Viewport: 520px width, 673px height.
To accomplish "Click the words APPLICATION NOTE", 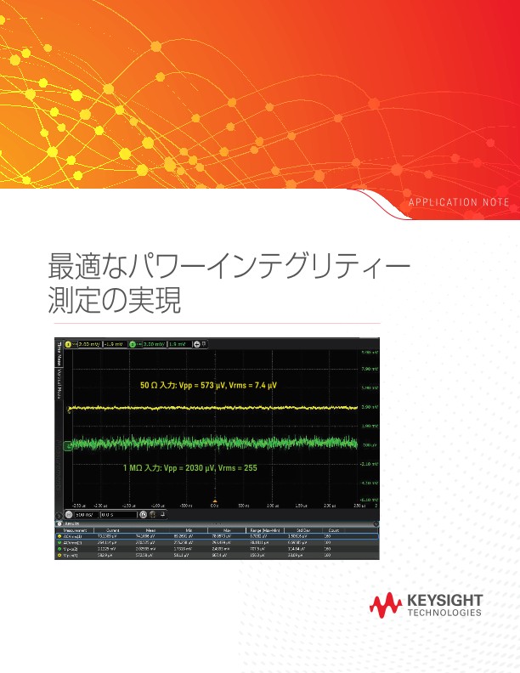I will click(460, 202).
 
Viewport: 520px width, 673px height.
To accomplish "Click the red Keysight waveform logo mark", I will click(387, 604).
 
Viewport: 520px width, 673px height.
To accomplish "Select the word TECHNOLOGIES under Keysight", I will click(445, 613).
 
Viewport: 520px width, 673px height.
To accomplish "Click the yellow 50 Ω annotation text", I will click(208, 385).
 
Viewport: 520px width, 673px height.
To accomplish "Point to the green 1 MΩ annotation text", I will click(189, 467).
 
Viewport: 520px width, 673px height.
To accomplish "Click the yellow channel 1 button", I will click(70, 343).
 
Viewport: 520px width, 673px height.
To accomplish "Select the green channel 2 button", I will click(135, 343).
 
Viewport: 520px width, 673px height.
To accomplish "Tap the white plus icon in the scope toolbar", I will click(197, 343).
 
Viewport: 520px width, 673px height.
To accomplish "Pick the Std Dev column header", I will click(297, 529).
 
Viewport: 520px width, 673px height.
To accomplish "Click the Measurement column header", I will click(71, 529).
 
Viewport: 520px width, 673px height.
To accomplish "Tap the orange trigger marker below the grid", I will click(216, 499).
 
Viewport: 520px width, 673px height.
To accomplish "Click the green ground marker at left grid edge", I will click(67, 444).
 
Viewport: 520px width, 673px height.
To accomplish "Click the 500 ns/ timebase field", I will click(84, 514).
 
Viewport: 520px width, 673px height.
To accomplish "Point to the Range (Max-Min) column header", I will click(262, 529).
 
